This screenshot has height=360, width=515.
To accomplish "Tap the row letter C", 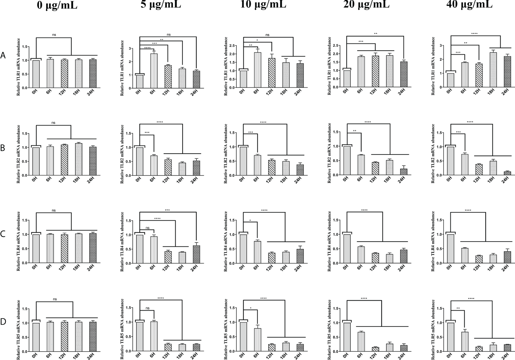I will click(3, 234).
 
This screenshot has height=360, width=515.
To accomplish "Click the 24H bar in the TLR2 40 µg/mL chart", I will click(505, 173).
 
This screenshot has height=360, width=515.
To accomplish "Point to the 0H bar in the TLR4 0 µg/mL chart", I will click(36, 249).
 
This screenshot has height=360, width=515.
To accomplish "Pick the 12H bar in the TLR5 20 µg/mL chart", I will click(375, 349).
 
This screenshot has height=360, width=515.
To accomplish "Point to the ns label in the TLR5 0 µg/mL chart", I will click(55, 299).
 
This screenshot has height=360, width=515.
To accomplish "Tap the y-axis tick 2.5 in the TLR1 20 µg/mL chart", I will click(337, 45).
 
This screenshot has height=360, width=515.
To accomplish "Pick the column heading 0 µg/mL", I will click(57, 5).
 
